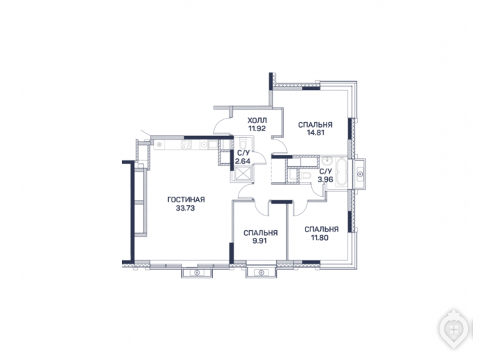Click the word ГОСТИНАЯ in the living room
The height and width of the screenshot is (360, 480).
coord(186,200)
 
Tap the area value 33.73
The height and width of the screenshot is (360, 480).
coord(186,209)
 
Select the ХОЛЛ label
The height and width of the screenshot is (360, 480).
coord(257,120)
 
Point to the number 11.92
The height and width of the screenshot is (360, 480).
coord(257,128)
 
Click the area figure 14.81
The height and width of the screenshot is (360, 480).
coord(315,133)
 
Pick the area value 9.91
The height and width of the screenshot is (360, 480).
coord(260,241)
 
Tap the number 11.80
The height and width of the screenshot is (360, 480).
coord(320,237)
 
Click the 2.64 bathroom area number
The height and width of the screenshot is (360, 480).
coord(243,161)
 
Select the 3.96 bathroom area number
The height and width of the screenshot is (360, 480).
coord(325,180)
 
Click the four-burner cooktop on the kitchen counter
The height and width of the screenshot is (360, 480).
coord(186,144)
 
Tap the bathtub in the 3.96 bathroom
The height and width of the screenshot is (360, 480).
coord(341,172)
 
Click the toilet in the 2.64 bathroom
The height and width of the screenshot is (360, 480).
coord(243,144)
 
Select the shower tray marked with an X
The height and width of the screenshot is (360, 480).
coord(242,174)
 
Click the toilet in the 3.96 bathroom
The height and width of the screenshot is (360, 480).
coord(305,175)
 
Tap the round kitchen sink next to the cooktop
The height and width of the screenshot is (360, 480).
coord(204,144)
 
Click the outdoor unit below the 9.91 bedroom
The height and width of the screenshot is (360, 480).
coord(261,273)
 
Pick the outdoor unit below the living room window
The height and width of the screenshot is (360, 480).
coord(197,273)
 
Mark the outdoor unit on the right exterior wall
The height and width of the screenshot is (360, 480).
coord(361,174)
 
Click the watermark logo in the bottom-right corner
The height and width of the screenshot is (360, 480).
coord(454,329)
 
